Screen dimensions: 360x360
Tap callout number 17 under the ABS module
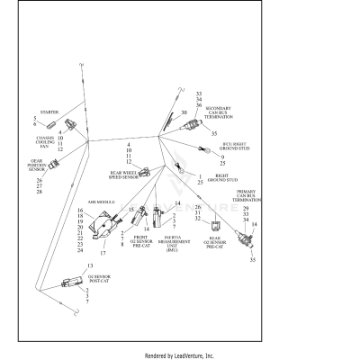tap(102, 254)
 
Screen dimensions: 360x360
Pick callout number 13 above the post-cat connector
tap(90, 267)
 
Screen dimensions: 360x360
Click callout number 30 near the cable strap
tap(183, 112)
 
